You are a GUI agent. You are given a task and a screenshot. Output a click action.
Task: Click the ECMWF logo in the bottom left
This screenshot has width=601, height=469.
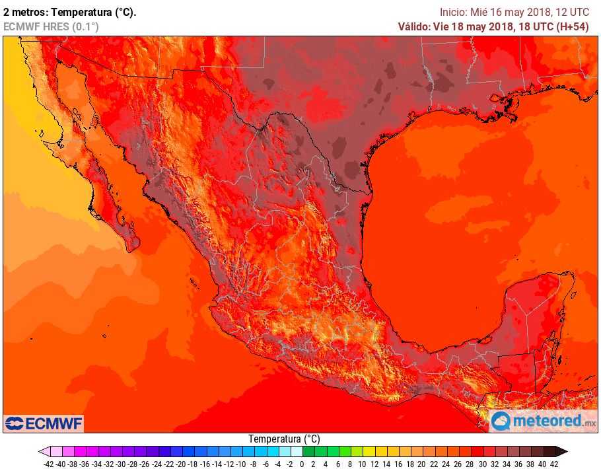click(44, 423)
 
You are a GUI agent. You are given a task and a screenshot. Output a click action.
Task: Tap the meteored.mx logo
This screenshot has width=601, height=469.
click(544, 421)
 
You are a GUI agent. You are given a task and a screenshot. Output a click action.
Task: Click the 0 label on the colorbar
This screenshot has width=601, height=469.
click(301, 464)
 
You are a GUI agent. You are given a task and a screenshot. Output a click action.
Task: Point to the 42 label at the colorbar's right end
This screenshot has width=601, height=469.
click(553, 464)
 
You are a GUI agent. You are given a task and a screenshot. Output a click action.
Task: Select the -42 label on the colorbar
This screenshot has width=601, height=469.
click(48, 464)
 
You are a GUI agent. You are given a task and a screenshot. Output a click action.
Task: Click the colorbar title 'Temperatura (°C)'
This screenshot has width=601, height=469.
click(284, 439)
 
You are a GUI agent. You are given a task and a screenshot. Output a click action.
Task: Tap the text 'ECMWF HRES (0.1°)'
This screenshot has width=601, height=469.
click(51, 26)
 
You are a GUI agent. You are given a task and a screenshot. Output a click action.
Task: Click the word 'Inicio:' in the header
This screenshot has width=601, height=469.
click(454, 12)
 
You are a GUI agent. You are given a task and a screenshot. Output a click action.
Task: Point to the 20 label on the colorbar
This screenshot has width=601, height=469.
click(421, 464)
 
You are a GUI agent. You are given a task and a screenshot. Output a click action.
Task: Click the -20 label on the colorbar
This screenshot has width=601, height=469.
click(180, 464)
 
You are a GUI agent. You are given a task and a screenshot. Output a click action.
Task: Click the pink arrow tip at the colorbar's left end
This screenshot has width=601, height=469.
click(43, 452)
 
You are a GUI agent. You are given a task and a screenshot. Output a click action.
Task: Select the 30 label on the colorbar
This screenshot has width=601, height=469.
click(481, 464)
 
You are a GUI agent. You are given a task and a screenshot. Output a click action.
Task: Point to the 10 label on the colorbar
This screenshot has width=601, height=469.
click(361, 464)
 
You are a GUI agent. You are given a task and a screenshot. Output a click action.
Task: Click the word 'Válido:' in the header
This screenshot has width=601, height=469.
click(413, 26)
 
